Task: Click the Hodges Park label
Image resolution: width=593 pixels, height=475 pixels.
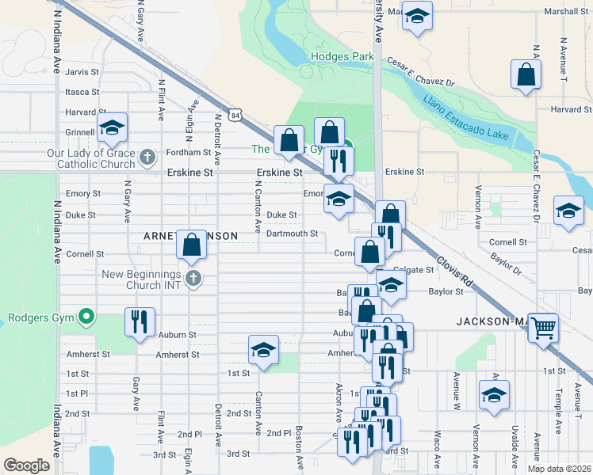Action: click(x=342, y=57)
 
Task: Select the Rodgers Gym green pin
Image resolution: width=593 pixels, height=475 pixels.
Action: click(x=87, y=318)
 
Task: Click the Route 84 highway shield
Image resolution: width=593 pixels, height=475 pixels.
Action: click(x=235, y=116)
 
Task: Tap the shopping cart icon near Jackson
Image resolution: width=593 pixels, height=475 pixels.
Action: click(x=542, y=325)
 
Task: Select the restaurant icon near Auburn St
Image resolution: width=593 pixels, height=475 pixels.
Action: click(x=140, y=321)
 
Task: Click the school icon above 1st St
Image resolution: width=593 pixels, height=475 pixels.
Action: click(x=263, y=348)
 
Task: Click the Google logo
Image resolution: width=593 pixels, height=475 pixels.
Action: click(x=27, y=465)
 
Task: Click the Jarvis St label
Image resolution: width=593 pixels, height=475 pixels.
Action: click(x=82, y=71)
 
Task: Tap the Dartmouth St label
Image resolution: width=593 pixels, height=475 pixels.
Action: click(x=292, y=234)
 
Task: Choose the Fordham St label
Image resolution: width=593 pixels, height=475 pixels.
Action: click(x=188, y=152)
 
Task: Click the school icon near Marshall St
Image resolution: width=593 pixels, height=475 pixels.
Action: click(x=415, y=15)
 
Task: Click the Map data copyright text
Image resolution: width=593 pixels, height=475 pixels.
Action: click(x=557, y=468)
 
